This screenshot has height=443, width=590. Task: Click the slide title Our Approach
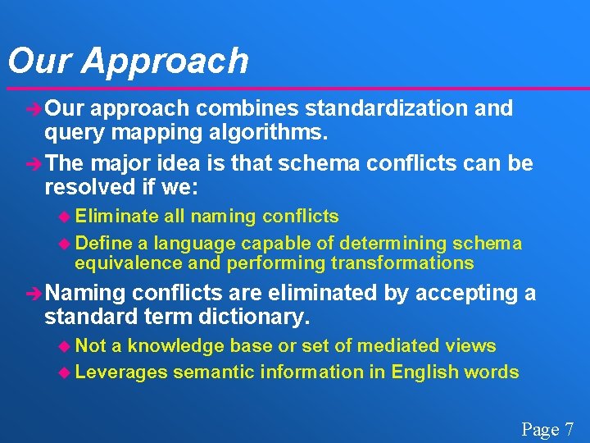pos(127,62)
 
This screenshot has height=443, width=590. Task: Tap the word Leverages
pos(121,372)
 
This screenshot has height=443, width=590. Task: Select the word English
pos(429,372)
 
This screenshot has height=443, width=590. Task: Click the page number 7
pos(570,429)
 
